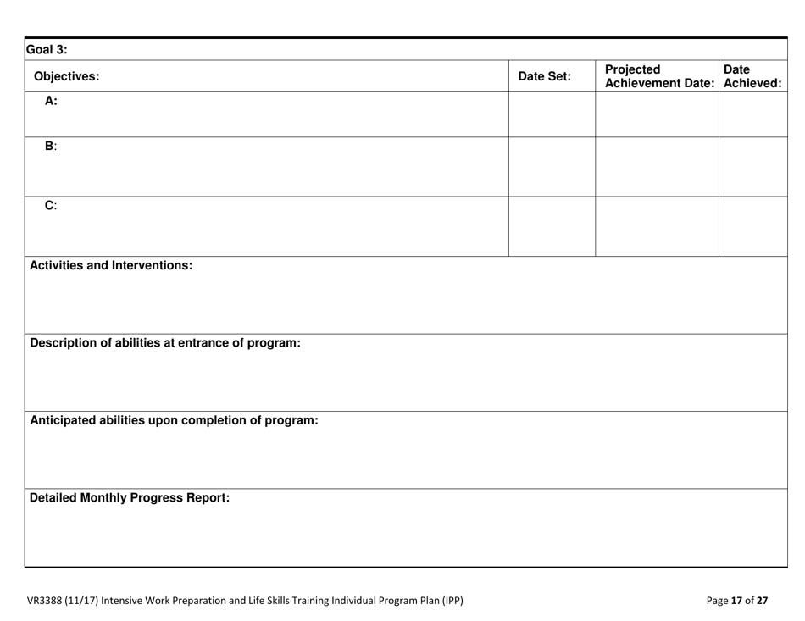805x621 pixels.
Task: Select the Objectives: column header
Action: click(66, 77)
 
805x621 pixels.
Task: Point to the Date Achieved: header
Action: click(751, 77)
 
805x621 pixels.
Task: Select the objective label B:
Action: click(51, 146)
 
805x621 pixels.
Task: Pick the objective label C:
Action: click(51, 205)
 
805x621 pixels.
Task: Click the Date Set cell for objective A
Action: click(552, 114)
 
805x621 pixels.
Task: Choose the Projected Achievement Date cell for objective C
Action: click(658, 226)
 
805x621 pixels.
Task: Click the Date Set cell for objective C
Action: click(552, 226)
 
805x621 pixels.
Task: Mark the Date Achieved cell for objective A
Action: click(752, 114)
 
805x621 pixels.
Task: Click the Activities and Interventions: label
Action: click(112, 265)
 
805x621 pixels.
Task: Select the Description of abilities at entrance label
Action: click(166, 343)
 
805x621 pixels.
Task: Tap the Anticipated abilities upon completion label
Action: click(175, 420)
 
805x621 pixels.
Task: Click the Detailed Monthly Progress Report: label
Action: click(130, 498)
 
